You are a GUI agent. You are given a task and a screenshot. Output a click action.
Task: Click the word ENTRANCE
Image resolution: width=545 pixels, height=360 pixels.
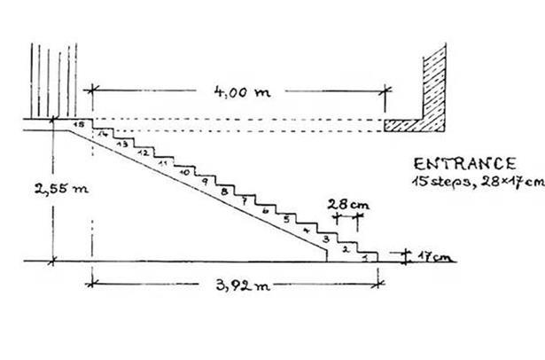click(465, 164)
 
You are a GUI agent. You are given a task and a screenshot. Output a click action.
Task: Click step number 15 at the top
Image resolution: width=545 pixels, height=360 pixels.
click(81, 126)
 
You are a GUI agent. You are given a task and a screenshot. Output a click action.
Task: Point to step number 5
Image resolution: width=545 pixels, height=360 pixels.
click(285, 219)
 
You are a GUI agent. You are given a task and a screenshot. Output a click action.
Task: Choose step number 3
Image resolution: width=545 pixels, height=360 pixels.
click(326, 239)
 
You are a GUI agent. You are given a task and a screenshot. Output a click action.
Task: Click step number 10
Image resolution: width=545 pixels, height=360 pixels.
click(183, 173)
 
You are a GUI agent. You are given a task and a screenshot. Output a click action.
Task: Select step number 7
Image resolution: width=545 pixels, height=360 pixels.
click(244, 200)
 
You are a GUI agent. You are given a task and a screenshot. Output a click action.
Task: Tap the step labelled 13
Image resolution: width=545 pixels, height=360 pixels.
click(123, 144)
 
